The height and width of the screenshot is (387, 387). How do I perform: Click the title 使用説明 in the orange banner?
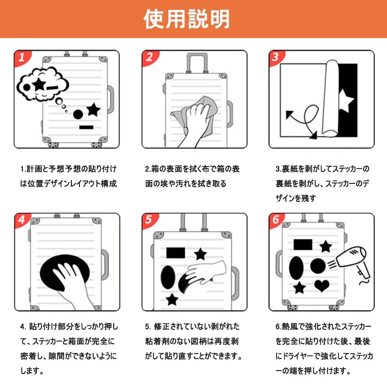(187, 19)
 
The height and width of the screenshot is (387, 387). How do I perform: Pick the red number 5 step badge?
(149, 220)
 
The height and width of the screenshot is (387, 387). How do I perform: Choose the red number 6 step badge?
(276, 220)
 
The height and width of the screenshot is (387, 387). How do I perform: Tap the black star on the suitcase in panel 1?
(94, 109)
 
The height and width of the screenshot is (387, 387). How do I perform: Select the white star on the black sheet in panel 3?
(346, 101)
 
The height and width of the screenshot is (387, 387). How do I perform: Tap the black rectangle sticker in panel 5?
(175, 253)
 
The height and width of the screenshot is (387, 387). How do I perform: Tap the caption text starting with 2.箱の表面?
(192, 176)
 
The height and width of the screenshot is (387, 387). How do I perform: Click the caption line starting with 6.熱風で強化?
(323, 327)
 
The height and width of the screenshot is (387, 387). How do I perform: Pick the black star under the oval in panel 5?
(172, 300)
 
